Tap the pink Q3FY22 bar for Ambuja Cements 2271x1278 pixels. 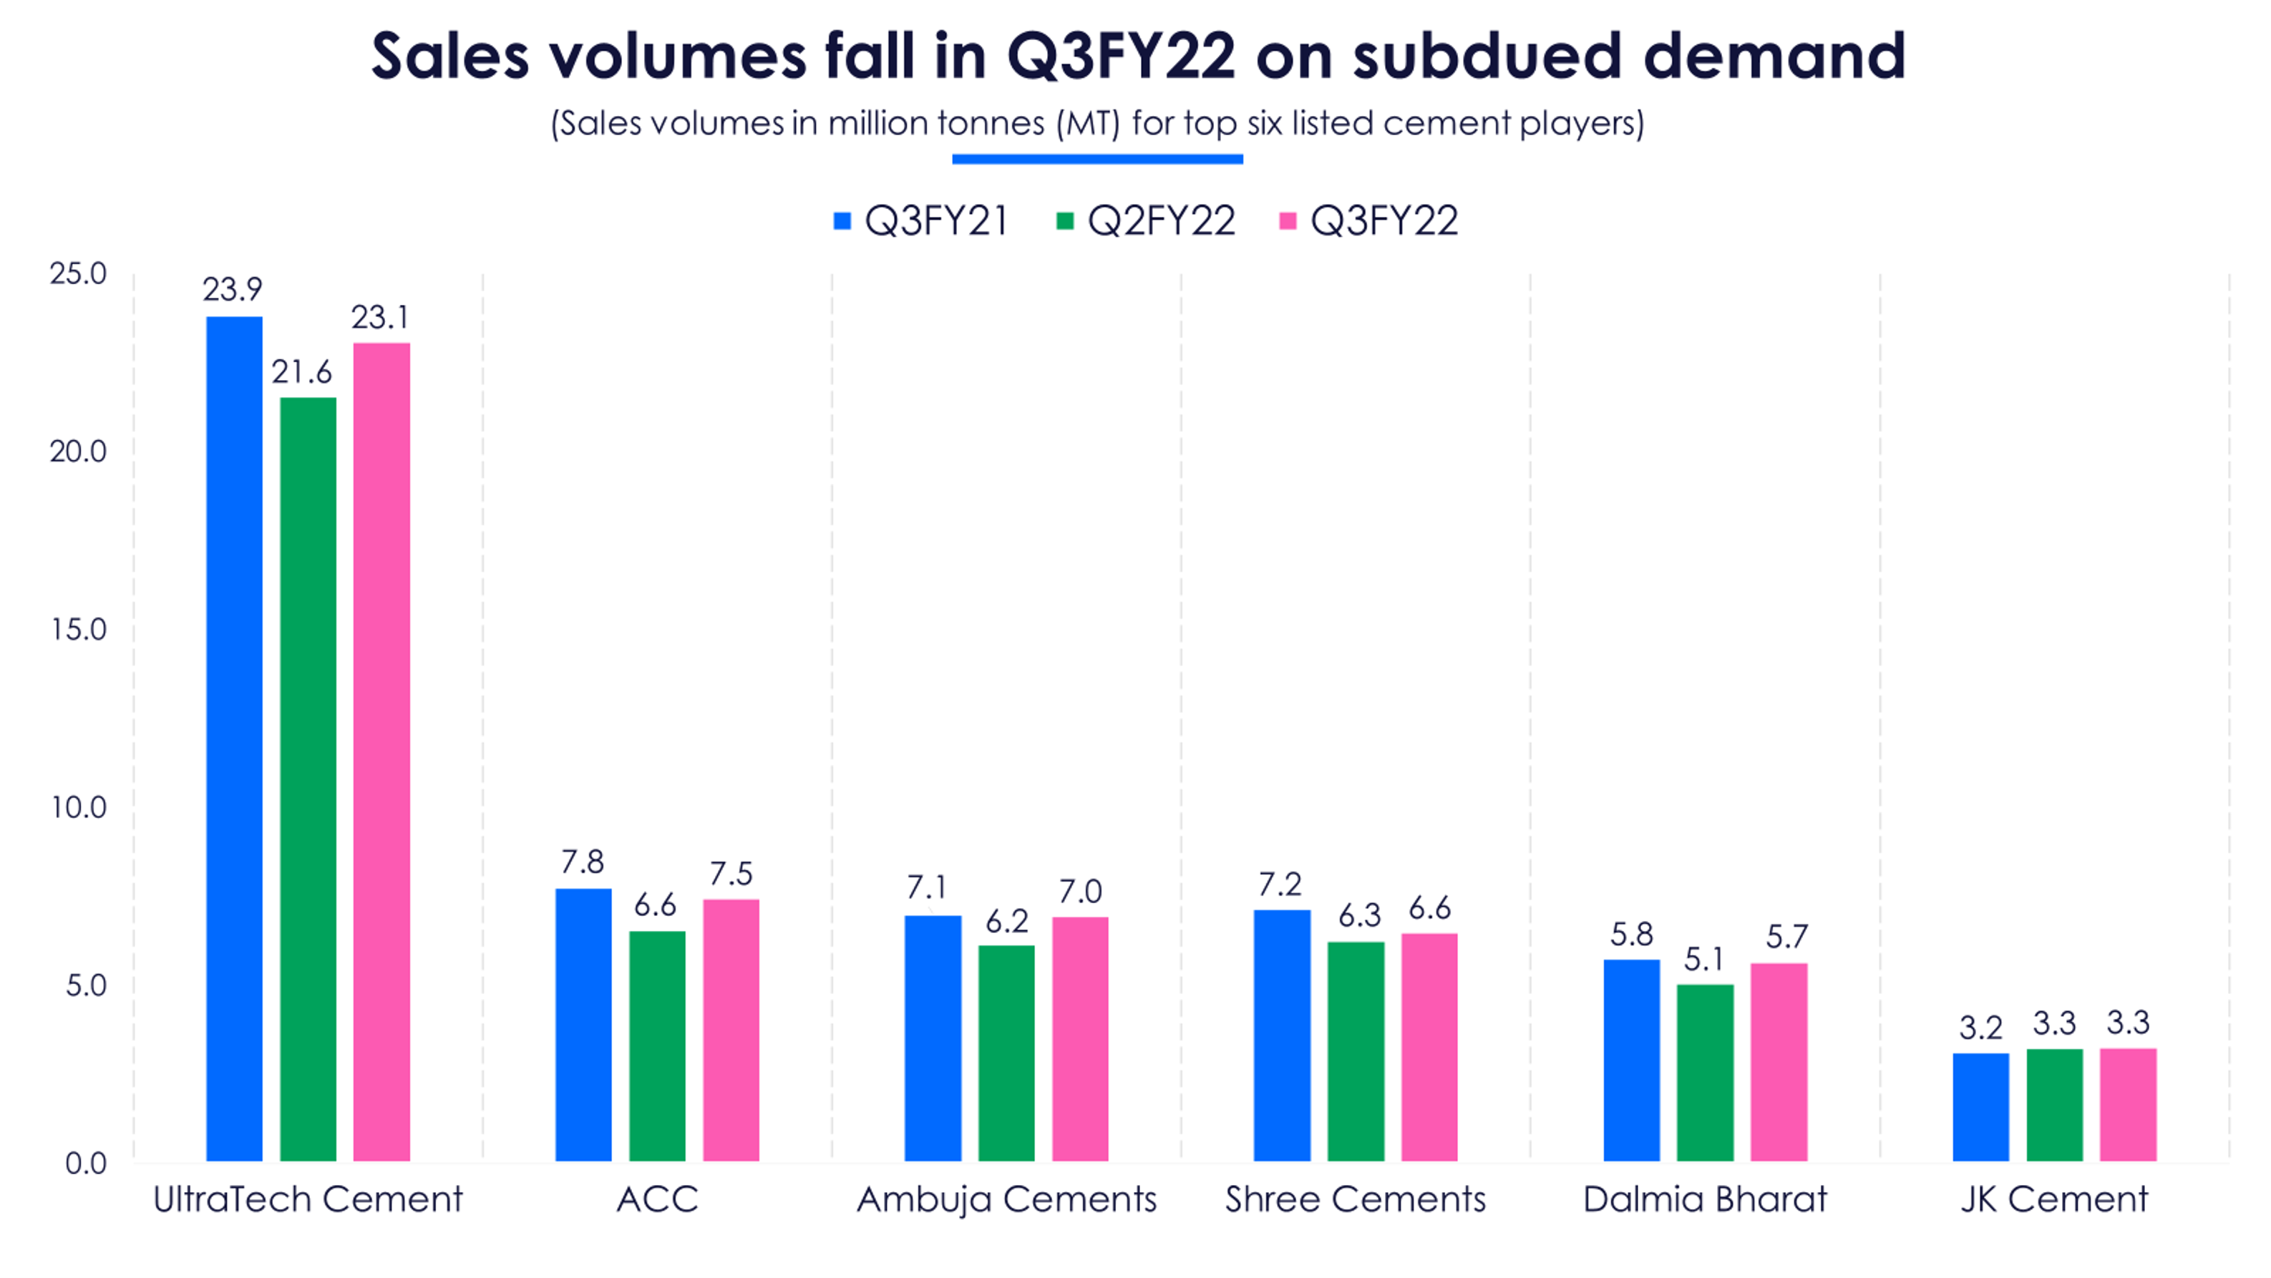click(1080, 1039)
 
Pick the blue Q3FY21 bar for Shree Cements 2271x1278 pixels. click(1282, 1035)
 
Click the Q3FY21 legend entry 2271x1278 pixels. click(920, 220)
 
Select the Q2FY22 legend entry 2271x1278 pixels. click(1145, 220)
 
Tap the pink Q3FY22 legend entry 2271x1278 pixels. click(1368, 220)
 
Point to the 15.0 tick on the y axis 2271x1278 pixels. click(79, 629)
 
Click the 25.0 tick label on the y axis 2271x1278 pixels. click(79, 273)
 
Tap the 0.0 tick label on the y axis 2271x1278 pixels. click(85, 1164)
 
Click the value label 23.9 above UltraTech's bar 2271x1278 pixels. click(233, 289)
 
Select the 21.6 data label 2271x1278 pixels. click(301, 372)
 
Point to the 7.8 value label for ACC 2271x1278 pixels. click(583, 861)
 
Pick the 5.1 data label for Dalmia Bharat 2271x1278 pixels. click(1703, 959)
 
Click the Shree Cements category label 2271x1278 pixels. click(1355, 1199)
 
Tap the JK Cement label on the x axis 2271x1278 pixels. click(2054, 1199)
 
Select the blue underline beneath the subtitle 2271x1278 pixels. click(1098, 160)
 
